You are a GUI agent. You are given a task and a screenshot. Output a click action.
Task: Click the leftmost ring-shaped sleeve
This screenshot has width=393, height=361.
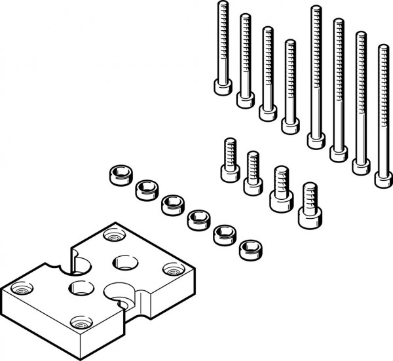click(x=119, y=176)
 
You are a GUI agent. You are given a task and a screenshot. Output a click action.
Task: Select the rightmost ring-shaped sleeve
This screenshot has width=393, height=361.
click(x=249, y=249)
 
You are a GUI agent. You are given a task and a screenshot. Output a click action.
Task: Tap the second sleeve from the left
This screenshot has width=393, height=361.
click(x=145, y=190)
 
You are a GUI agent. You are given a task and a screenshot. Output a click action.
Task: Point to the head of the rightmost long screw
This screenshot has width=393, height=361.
click(x=384, y=178)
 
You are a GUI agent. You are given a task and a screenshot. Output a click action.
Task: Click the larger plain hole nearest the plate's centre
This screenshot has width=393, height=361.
click(x=124, y=263)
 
